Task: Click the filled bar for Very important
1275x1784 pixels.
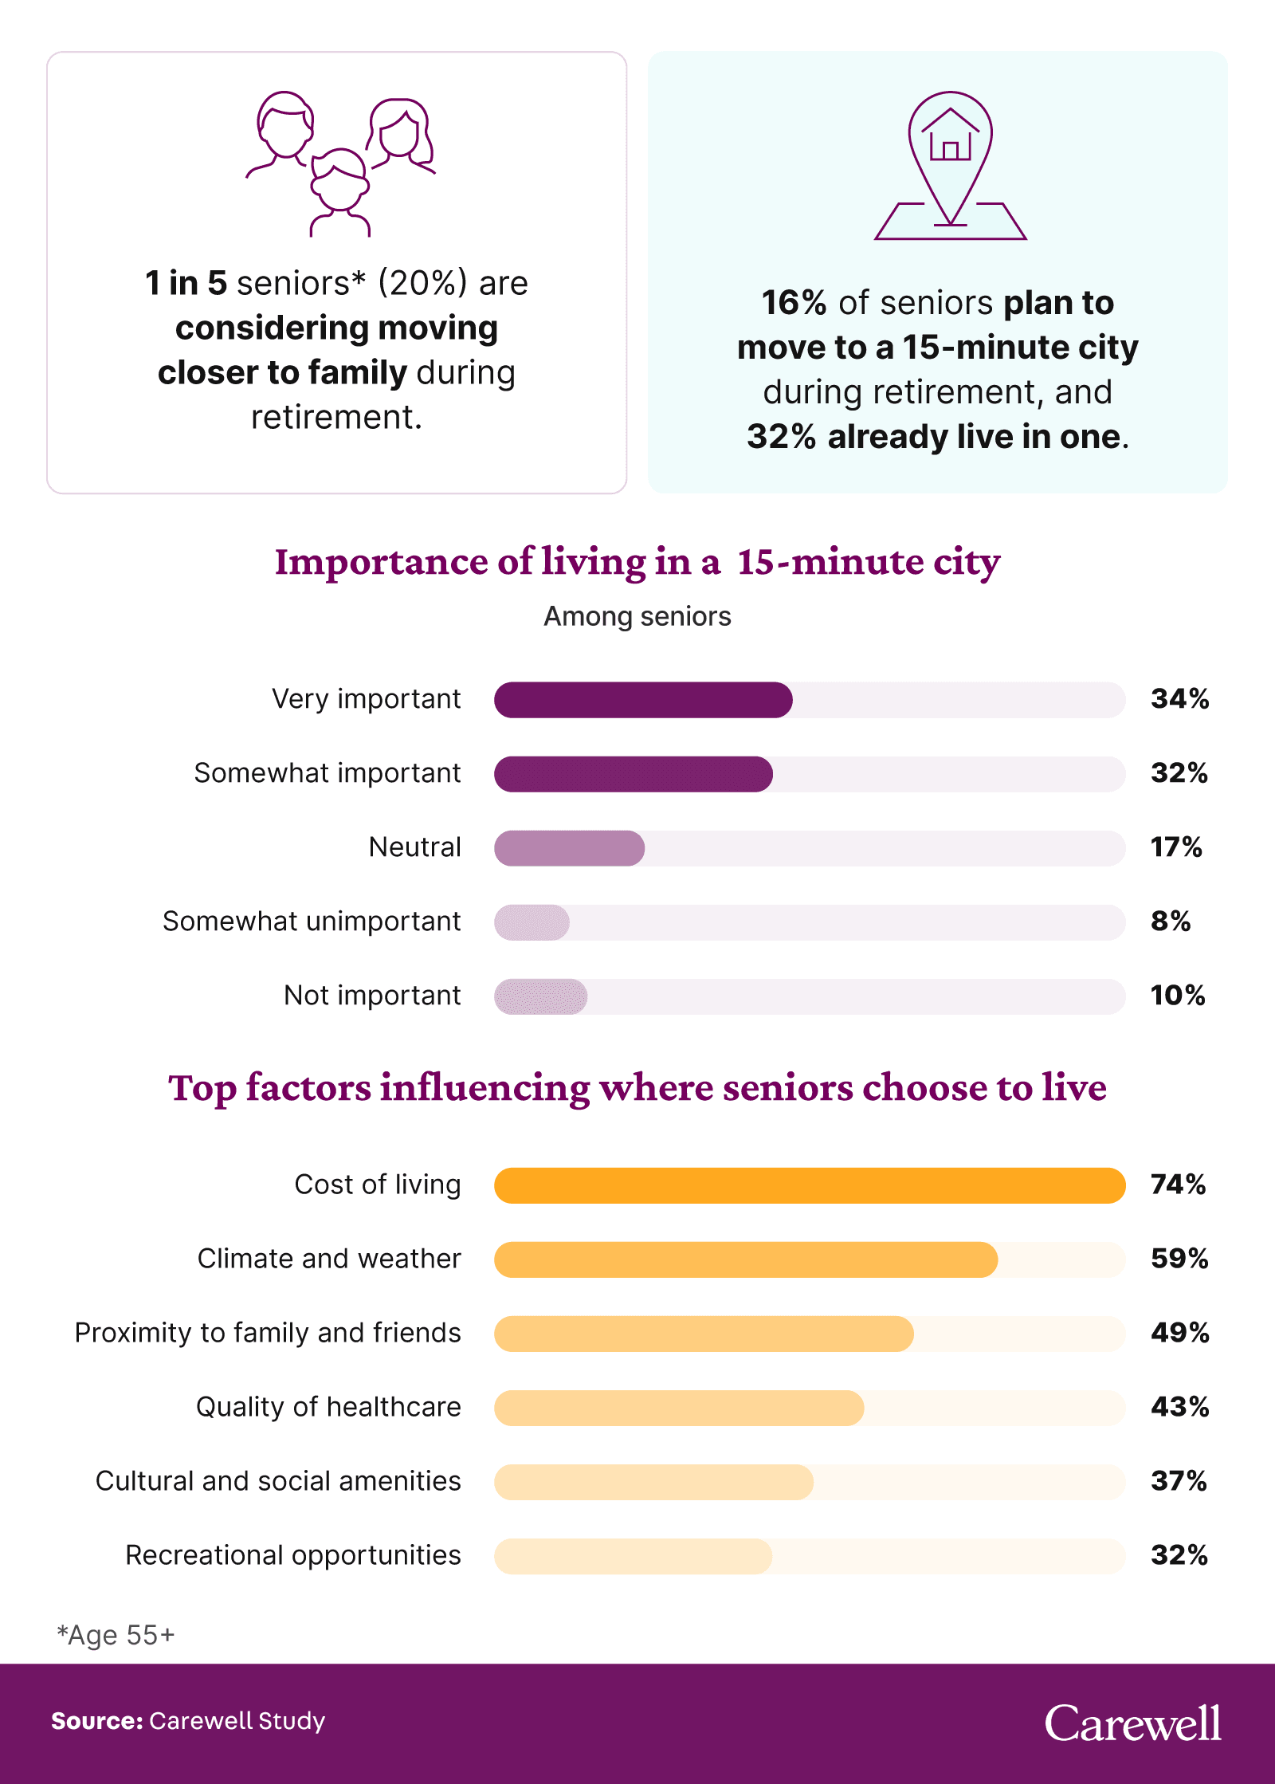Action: click(643, 700)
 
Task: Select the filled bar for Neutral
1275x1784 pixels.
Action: click(569, 848)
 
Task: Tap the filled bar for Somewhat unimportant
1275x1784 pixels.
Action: click(532, 922)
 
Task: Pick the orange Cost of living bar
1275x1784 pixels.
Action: click(809, 1185)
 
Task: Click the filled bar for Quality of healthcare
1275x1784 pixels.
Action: click(679, 1408)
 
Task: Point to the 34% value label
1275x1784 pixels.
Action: click(1179, 699)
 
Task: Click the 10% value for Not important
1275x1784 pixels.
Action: click(1177, 996)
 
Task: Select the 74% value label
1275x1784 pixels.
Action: click(1178, 1185)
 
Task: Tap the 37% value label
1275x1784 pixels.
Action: click(1179, 1481)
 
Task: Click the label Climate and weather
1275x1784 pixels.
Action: click(329, 1259)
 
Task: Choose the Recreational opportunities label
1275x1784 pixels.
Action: click(293, 1555)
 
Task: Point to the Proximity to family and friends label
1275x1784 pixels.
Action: click(268, 1333)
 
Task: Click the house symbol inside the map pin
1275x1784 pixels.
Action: click(950, 137)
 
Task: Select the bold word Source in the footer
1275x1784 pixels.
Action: click(96, 1722)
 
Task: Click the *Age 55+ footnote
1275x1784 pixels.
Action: click(116, 1636)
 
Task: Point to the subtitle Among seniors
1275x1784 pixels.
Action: click(637, 617)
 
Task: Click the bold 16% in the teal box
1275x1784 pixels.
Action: click(794, 303)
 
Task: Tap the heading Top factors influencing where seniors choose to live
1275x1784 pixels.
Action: click(637, 1088)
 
